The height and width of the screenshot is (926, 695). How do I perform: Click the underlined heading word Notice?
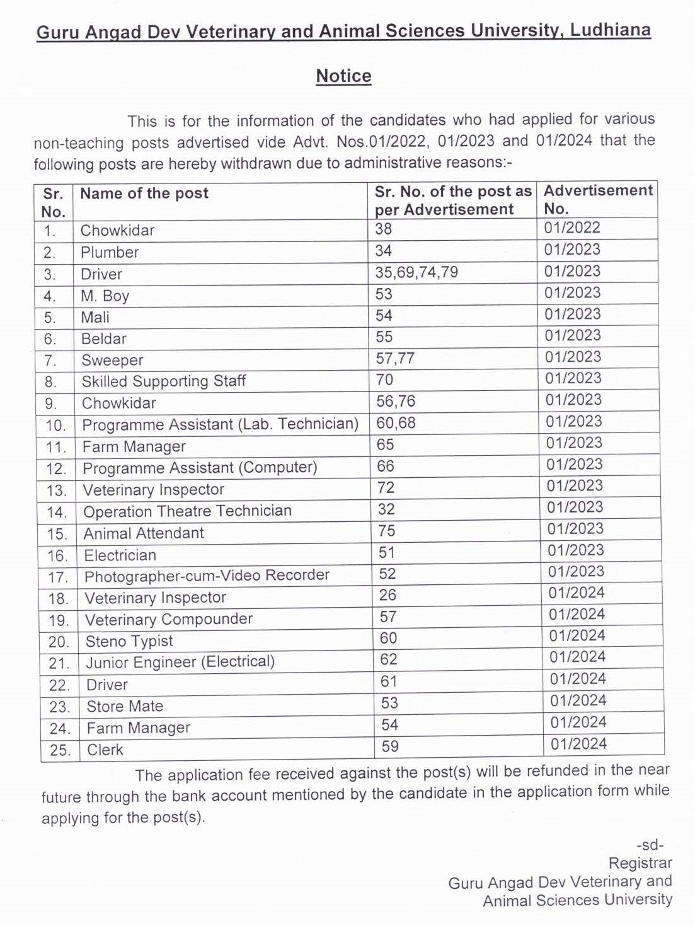(343, 76)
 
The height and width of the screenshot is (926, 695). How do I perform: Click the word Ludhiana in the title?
(610, 30)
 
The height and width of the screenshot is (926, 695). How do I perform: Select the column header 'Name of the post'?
(144, 194)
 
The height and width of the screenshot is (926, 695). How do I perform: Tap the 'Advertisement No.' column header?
(597, 199)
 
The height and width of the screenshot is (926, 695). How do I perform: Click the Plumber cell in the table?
(110, 253)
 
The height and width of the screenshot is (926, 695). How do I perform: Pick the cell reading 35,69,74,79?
(416, 272)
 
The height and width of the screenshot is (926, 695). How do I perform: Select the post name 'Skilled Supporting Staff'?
(163, 381)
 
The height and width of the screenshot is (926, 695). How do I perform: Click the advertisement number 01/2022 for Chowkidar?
(572, 228)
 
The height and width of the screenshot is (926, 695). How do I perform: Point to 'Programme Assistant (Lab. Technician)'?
(220, 424)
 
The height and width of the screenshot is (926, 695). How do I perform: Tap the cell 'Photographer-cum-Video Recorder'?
(207, 576)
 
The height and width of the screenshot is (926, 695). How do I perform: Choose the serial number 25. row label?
(60, 751)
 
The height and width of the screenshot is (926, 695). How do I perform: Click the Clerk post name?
(105, 750)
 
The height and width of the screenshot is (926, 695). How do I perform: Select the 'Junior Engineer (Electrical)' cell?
(180, 663)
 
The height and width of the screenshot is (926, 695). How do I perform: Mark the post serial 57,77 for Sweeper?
(395, 359)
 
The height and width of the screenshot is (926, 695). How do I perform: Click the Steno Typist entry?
(129, 642)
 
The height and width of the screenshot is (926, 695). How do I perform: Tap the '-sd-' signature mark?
(650, 845)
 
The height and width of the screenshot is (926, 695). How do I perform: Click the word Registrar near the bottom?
(640, 863)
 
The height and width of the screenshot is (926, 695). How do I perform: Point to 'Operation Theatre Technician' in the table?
(187, 511)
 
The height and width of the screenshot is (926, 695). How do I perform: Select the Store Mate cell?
(125, 707)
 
